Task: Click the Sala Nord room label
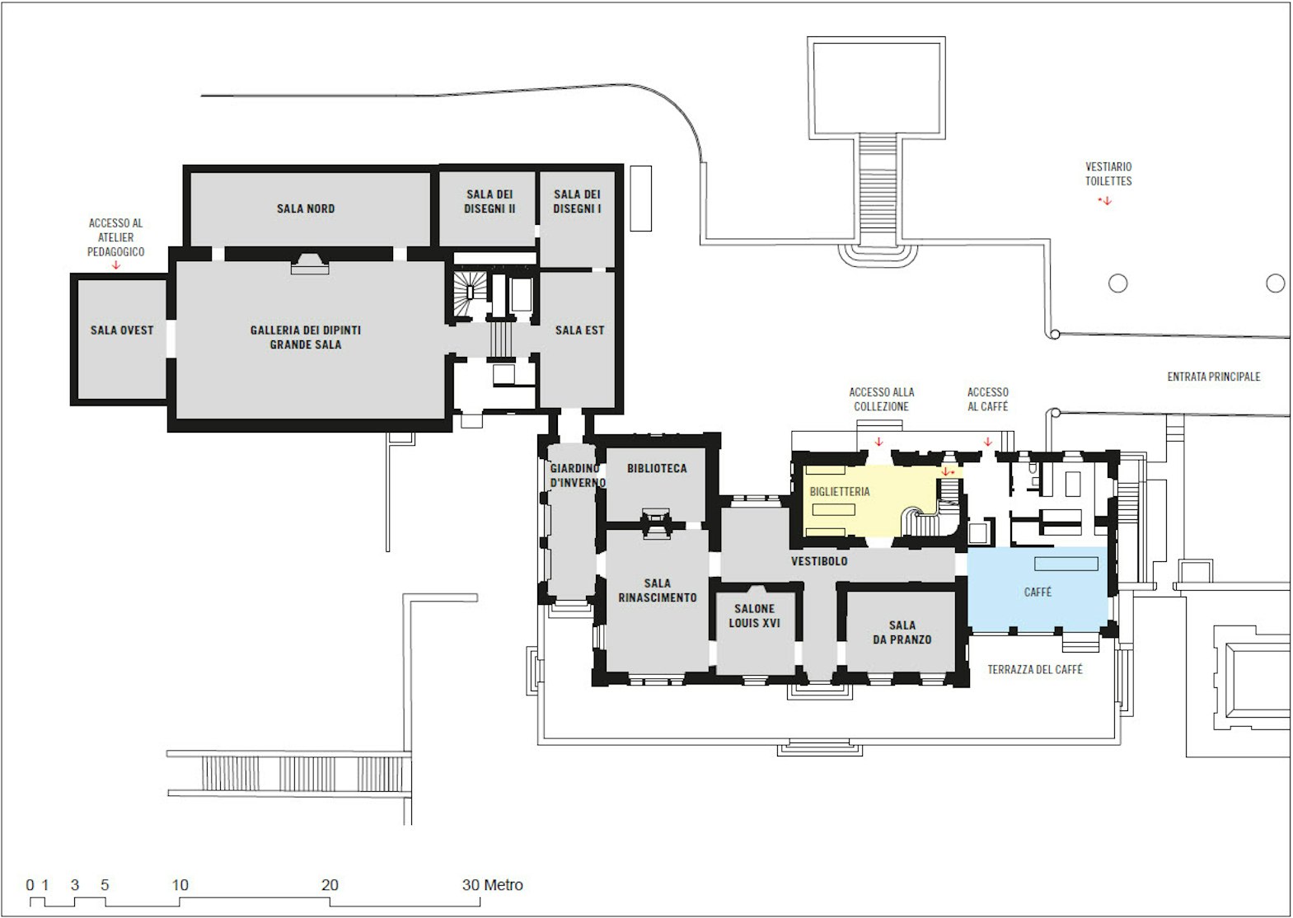pyautogui.click(x=306, y=208)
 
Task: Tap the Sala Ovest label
pyautogui.click(x=122, y=330)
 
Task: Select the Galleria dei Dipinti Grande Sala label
pyautogui.click(x=306, y=337)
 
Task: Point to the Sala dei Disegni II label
pyautogui.click(x=490, y=202)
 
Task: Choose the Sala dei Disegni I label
pyautogui.click(x=577, y=202)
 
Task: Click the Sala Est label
pyautogui.click(x=579, y=330)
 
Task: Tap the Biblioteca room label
pyautogui.click(x=657, y=468)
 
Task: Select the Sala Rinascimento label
pyautogui.click(x=658, y=591)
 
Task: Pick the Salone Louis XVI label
pyautogui.click(x=754, y=616)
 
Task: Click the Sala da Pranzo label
pyautogui.click(x=902, y=632)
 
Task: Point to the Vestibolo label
pyautogui.click(x=819, y=560)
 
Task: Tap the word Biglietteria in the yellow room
pyautogui.click(x=839, y=491)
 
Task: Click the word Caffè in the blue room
pyautogui.click(x=1038, y=592)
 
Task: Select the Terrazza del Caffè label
pyautogui.click(x=1035, y=669)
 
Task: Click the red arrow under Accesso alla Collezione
pyautogui.click(x=878, y=443)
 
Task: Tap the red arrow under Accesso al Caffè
pyautogui.click(x=987, y=443)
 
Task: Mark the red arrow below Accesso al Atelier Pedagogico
pyautogui.click(x=116, y=265)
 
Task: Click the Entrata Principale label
pyautogui.click(x=1213, y=377)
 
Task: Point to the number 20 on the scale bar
pyautogui.click(x=330, y=884)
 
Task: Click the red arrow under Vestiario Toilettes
pyautogui.click(x=1107, y=201)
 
